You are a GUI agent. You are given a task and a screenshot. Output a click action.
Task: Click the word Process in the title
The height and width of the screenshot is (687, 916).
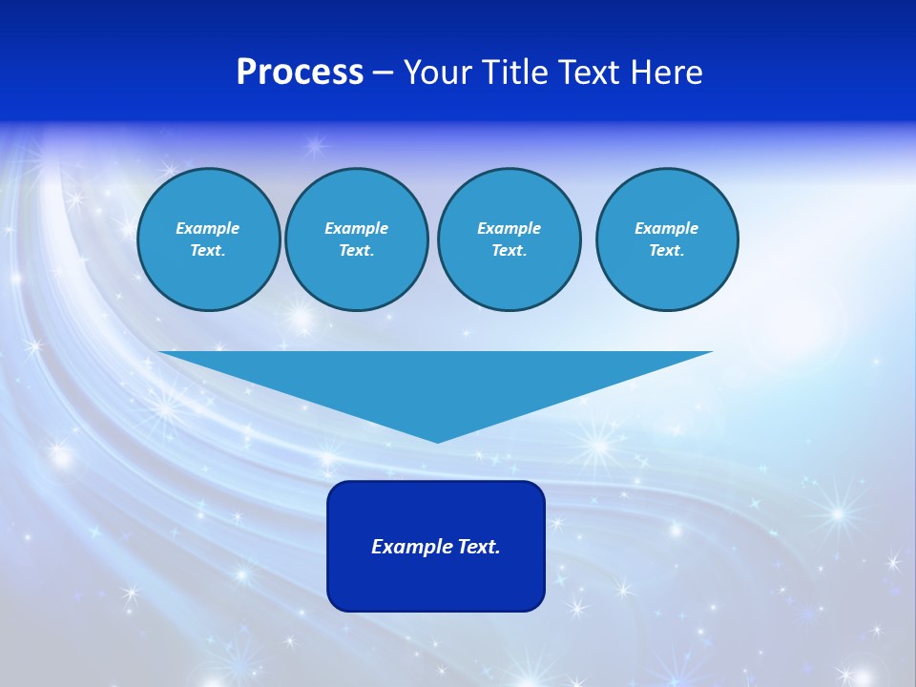(x=300, y=73)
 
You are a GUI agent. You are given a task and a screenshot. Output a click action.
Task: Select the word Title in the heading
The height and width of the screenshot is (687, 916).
(x=516, y=73)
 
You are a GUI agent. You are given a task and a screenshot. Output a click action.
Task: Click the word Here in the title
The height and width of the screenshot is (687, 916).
(x=667, y=73)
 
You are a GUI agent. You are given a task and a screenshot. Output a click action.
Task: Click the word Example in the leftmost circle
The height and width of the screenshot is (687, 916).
(x=208, y=228)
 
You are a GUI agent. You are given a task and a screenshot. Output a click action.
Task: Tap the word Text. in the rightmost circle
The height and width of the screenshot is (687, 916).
(x=667, y=250)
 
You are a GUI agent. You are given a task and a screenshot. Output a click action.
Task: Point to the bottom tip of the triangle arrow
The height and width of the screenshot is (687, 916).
(x=437, y=441)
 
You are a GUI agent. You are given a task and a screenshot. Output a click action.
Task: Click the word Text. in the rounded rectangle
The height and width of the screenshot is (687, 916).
(x=481, y=547)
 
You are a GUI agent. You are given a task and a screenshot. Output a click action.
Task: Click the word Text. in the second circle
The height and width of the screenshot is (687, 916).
(x=356, y=250)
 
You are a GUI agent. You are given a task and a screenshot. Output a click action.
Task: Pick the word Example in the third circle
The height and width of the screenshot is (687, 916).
(x=509, y=228)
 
